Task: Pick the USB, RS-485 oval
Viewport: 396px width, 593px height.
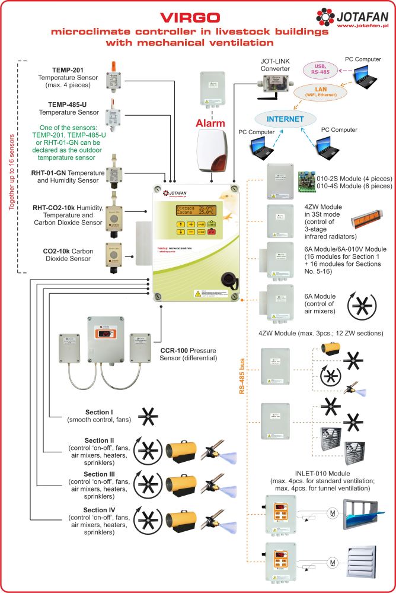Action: click(322, 68)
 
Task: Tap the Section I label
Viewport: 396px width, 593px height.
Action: click(99, 413)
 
